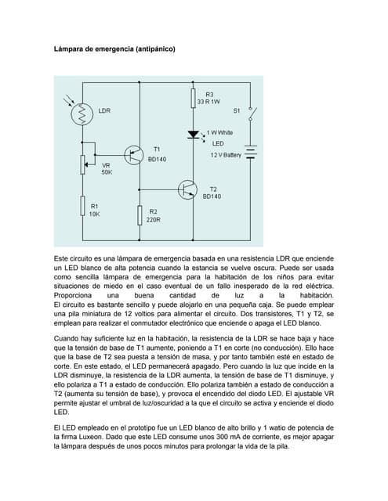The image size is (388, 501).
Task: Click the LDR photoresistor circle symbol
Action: coord(82,114)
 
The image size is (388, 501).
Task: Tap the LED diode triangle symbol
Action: coord(192,135)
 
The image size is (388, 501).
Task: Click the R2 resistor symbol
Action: coord(140,215)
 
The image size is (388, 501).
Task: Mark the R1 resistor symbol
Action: coord(82,206)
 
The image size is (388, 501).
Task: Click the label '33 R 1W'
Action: coord(209,102)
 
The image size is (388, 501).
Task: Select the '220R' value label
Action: coord(154,220)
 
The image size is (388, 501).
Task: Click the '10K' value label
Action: coord(94,214)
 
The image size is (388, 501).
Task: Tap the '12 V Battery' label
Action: coord(226,155)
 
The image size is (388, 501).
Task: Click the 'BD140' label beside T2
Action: coord(212,196)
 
